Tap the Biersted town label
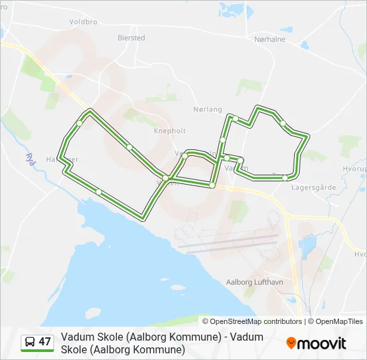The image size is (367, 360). point(131,38)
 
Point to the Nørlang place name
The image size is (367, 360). point(206,109)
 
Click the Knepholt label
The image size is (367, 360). point(169,131)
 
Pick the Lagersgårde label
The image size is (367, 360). point(310,187)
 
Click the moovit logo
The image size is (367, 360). point(316,343)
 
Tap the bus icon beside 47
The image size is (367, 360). point(30,342)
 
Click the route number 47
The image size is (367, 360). point(45,342)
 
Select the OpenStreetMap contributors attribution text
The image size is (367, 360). point(256,321)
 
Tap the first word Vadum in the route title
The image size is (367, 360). point(75,337)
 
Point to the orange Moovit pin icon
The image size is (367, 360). point(291,343)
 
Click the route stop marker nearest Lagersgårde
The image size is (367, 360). point(286,177)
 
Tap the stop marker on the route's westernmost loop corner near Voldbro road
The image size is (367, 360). point(79,123)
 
